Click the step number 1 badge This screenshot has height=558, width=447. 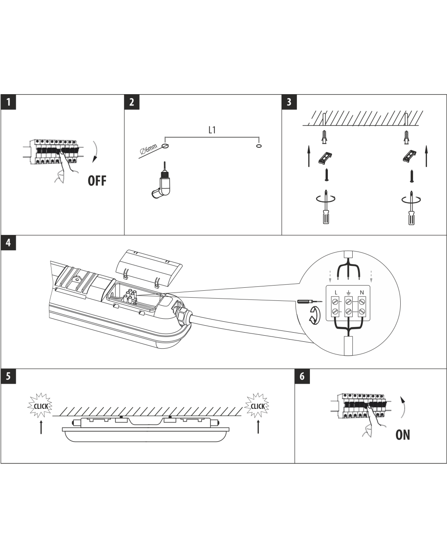coord(8,102)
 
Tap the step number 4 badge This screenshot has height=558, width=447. coord(8,243)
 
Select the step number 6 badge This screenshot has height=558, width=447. coord(302,376)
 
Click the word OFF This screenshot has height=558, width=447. coord(97,181)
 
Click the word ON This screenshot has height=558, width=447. coord(402,435)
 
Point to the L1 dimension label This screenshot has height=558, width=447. coord(212,130)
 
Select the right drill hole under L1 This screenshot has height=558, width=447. coord(258,146)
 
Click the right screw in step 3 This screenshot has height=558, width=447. coord(411,176)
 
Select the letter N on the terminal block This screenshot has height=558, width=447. coord(362,293)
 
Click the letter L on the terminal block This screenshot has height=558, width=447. coord(336,293)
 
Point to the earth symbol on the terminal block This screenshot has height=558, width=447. coord(348,293)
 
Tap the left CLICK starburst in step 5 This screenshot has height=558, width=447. coord(40,405)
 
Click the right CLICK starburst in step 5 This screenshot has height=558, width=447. coord(257,405)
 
